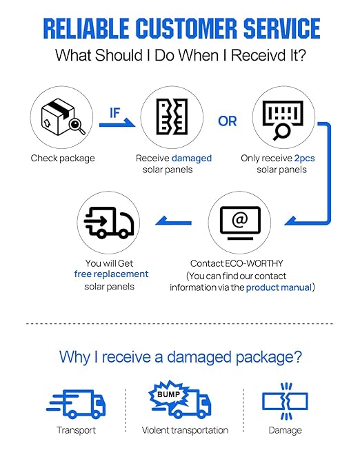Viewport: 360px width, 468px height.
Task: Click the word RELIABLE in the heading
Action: coord(86,29)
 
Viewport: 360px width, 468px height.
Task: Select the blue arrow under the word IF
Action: coord(117,123)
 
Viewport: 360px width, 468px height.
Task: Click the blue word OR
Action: coord(228,121)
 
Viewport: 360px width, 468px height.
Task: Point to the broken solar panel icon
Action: coord(172,116)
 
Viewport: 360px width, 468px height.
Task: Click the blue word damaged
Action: coord(192,159)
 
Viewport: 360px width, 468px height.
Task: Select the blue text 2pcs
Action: coord(304,159)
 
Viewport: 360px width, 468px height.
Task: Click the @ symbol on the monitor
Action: coord(240,220)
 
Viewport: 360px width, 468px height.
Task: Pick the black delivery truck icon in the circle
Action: coord(109,223)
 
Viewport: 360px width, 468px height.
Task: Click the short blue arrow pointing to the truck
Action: coord(173,221)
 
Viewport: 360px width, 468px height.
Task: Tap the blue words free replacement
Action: coord(111,274)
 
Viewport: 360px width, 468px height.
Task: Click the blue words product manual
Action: coord(279,287)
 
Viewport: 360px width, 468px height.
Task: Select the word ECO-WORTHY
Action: coord(254,263)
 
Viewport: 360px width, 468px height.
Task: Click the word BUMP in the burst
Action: coord(168,394)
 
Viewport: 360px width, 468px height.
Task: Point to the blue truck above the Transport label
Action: coord(76,403)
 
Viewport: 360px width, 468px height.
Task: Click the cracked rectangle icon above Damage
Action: coord(285,401)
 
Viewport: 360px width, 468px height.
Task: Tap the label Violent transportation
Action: coord(185,430)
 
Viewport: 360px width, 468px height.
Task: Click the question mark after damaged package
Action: coord(297,356)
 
